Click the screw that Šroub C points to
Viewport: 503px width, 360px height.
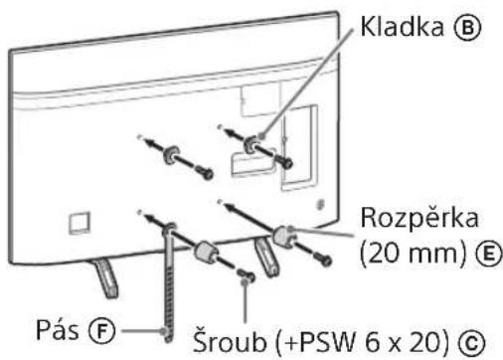246,285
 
